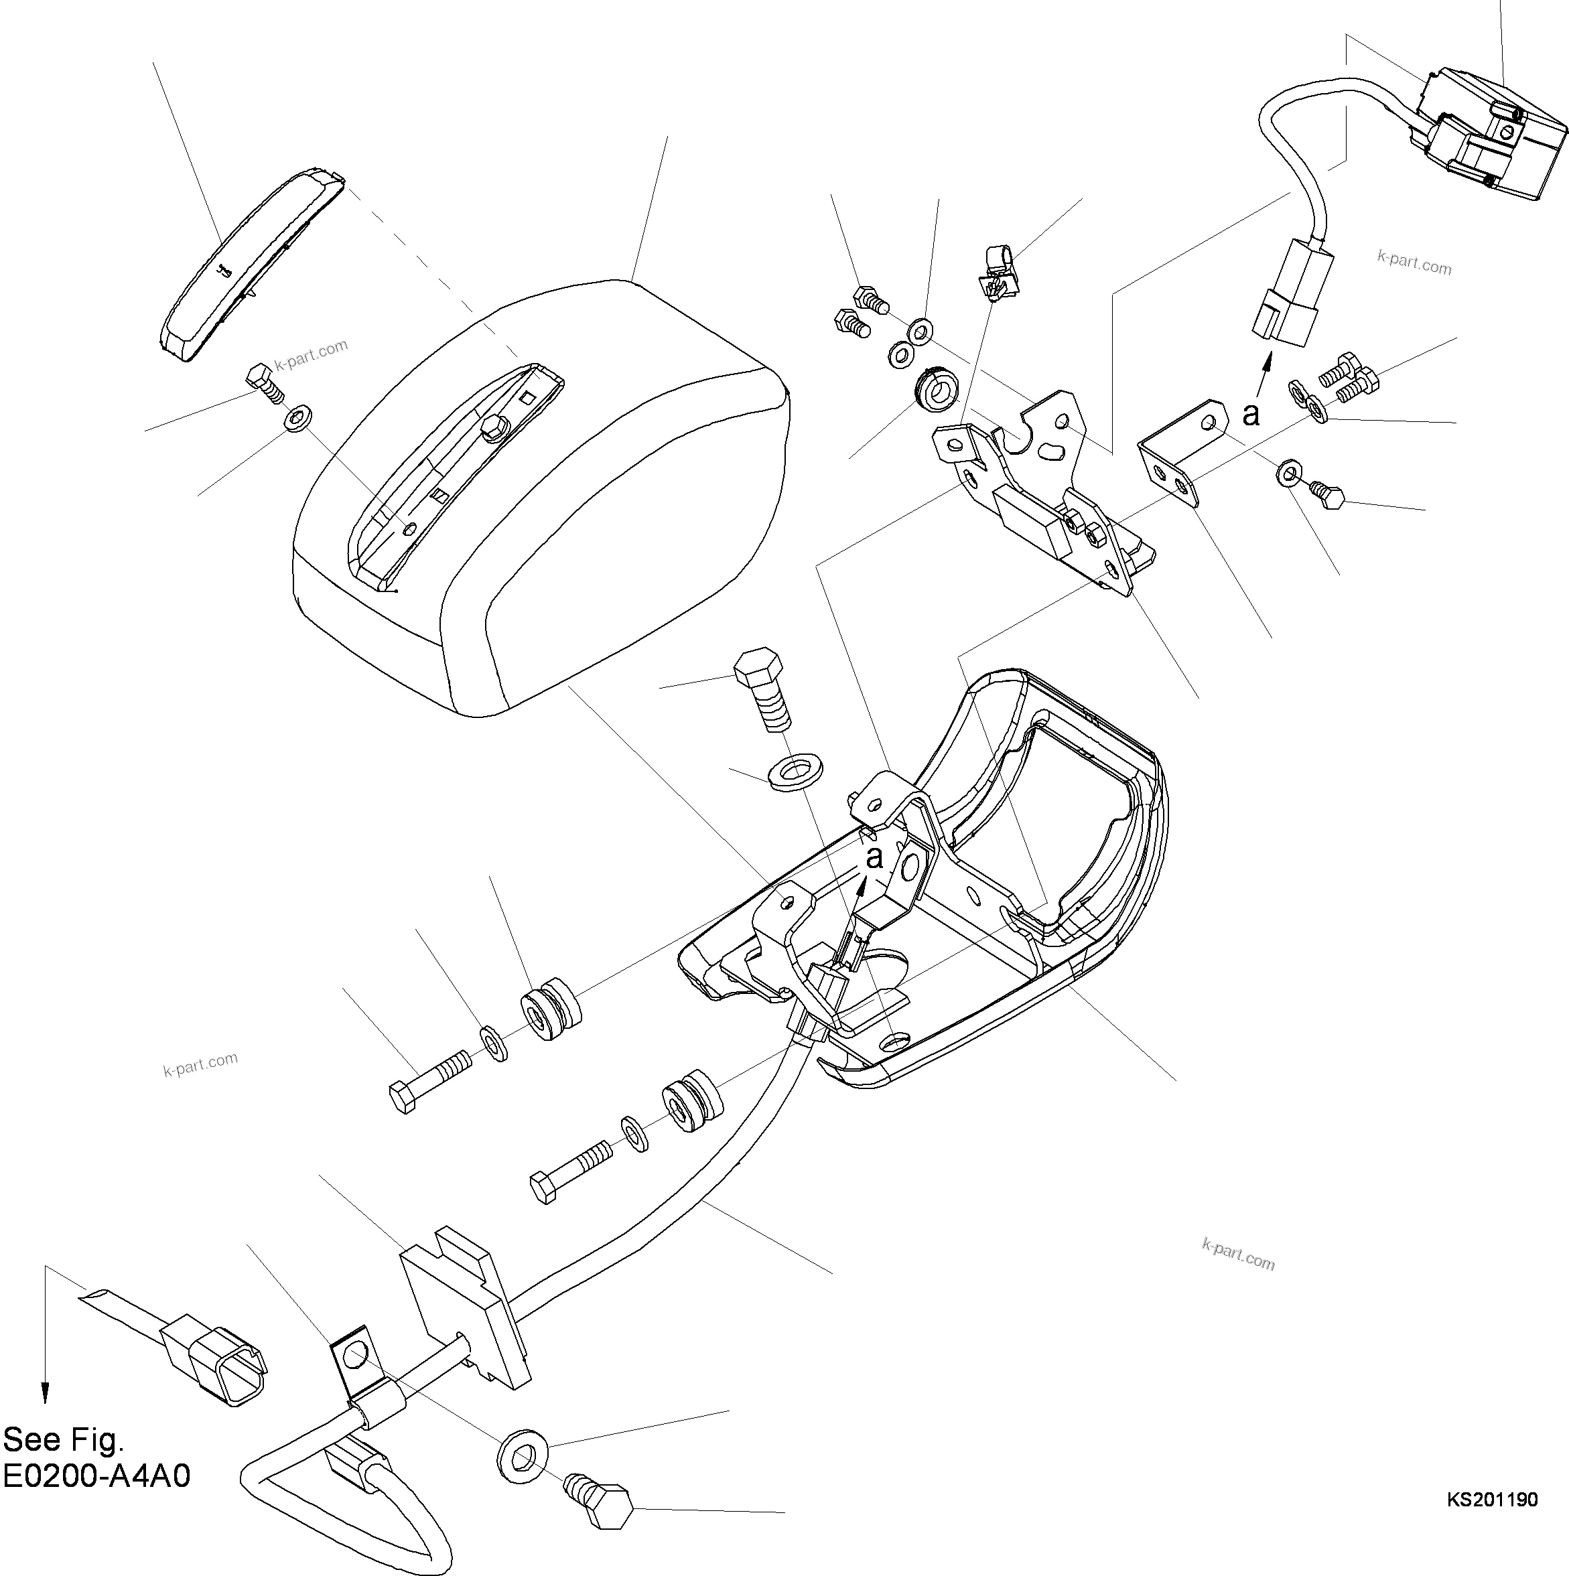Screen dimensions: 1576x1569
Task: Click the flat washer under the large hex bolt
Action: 795,772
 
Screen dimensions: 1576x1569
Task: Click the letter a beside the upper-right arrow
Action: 1250,415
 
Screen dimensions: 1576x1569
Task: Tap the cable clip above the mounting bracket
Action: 998,272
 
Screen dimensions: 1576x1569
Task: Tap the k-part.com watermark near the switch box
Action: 1414,263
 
